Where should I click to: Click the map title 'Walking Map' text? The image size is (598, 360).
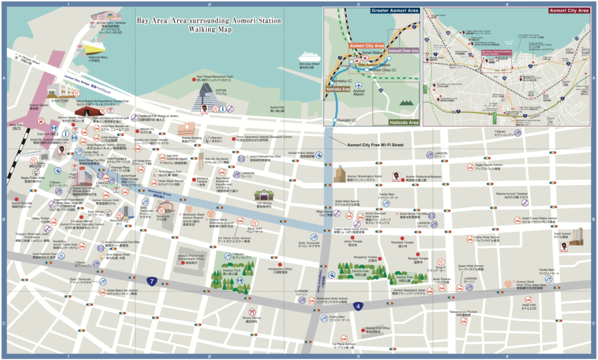pyautogui.click(x=209, y=30)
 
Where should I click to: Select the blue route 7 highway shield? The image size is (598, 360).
pyautogui.click(x=151, y=282)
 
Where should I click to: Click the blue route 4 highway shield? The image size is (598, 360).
pyautogui.click(x=357, y=306)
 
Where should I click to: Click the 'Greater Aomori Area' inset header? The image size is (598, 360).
pyautogui.click(x=394, y=11)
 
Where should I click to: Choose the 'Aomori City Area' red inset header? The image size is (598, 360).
pyautogui.click(x=569, y=11)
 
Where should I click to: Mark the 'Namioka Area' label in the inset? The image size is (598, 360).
pyautogui.click(x=338, y=89)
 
